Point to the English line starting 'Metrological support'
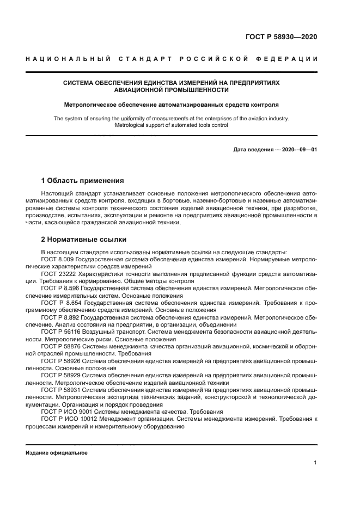tap(172, 125)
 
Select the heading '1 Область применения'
tap(82, 181)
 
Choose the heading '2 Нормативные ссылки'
tap(83, 239)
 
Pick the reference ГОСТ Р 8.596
tap(59, 288)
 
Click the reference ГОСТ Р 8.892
tap(59, 316)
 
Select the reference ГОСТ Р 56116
tap(61, 330)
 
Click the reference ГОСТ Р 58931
tap(61, 391)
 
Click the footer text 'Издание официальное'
tap(57, 452)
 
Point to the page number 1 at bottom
tap(315, 463)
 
